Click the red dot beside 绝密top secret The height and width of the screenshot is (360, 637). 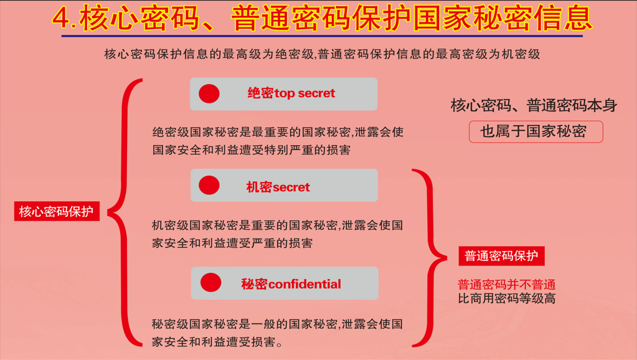point(209,93)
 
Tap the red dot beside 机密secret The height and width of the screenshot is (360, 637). point(209,185)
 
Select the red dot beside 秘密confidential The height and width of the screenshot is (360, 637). point(211,282)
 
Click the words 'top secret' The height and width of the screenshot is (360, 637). point(304,93)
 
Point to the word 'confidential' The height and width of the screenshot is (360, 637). point(304,284)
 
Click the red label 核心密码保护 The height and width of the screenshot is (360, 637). point(57,211)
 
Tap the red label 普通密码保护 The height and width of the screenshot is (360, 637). point(501,256)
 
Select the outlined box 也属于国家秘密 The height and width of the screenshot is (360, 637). point(536,131)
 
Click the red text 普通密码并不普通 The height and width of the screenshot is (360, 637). point(507,285)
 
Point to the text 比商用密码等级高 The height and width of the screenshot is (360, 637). point(507,298)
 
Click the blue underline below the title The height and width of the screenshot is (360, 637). point(322,36)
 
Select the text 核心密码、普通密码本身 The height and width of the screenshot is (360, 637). point(534,106)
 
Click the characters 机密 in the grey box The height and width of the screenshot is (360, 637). point(259,187)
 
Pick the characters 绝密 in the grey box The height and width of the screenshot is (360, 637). point(261,93)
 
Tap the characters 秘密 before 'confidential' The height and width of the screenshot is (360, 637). point(255,284)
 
